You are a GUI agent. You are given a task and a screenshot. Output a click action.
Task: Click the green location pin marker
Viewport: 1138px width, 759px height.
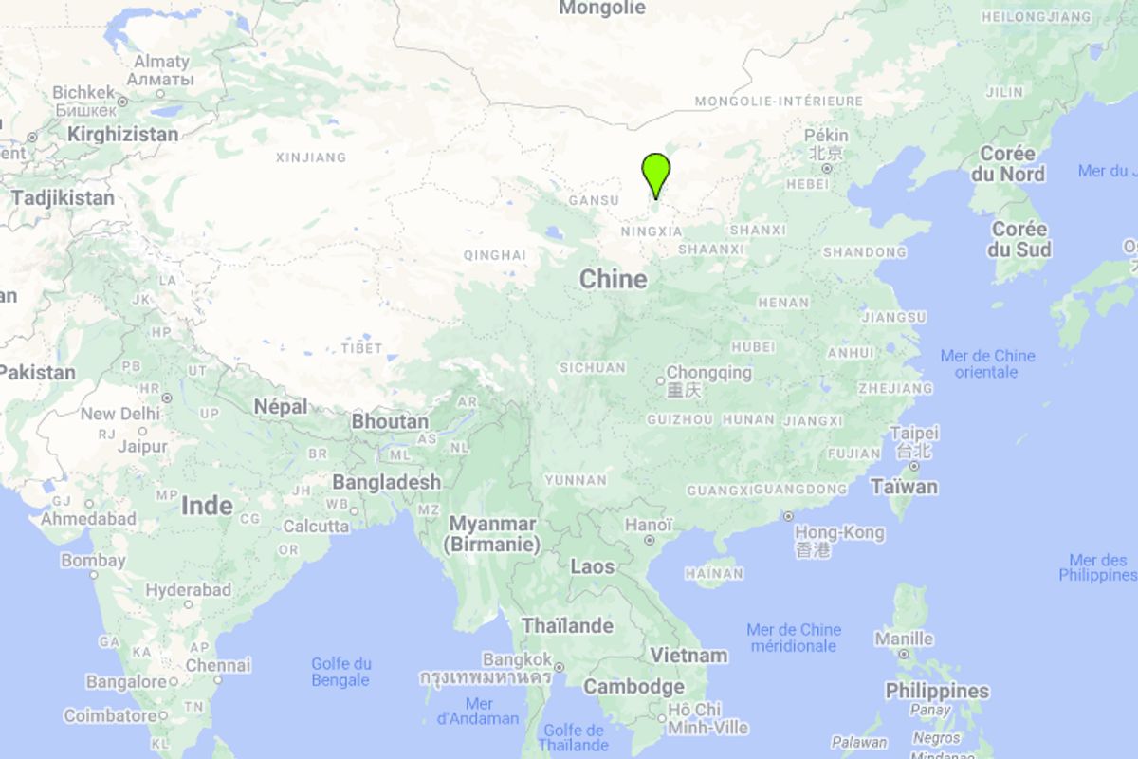(655, 174)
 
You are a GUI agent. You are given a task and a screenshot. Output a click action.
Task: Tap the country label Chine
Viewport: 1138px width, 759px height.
(614, 279)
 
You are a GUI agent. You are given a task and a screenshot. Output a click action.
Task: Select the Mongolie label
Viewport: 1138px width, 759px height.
(602, 9)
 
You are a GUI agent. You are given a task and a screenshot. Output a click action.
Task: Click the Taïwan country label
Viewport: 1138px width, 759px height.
(904, 487)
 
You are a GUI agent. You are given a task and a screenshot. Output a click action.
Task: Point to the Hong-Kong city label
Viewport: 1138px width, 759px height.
(839, 532)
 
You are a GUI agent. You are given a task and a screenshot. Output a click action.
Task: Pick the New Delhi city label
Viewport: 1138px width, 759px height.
(119, 414)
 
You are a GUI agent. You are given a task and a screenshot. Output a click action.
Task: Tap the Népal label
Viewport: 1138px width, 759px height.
(281, 406)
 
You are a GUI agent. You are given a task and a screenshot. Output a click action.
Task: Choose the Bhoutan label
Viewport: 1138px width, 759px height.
(390, 421)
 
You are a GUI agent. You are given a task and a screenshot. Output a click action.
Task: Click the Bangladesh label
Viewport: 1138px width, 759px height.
(386, 482)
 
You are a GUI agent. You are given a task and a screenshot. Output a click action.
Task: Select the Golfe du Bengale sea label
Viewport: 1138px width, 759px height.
(341, 672)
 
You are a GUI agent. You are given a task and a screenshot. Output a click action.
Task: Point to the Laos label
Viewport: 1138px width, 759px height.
(592, 566)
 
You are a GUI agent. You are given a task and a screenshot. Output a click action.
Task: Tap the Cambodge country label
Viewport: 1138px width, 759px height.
(633, 686)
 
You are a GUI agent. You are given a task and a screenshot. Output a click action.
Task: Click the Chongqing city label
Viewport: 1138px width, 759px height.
(708, 373)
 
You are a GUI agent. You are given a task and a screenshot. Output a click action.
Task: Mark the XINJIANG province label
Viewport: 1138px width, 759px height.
(311, 157)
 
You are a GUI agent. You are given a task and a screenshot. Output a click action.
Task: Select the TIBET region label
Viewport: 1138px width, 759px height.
(362, 348)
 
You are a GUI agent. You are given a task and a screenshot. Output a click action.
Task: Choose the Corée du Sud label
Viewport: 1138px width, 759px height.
(1019, 239)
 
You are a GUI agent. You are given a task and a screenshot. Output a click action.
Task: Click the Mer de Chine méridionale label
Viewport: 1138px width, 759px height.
(794, 638)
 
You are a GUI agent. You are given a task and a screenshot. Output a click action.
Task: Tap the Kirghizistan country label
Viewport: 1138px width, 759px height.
(122, 135)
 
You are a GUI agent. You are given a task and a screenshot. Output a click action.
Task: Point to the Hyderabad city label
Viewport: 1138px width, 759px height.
(189, 590)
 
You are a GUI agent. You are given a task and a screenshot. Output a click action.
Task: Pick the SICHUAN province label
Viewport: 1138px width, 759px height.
(593, 367)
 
